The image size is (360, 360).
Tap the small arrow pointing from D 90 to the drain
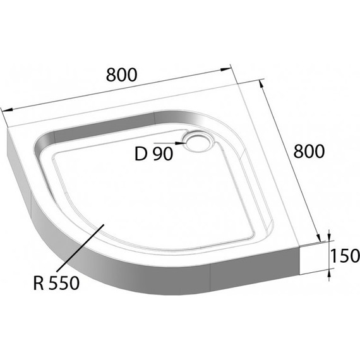(x=181, y=144)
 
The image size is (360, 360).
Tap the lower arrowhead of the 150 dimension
(x=328, y=273)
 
